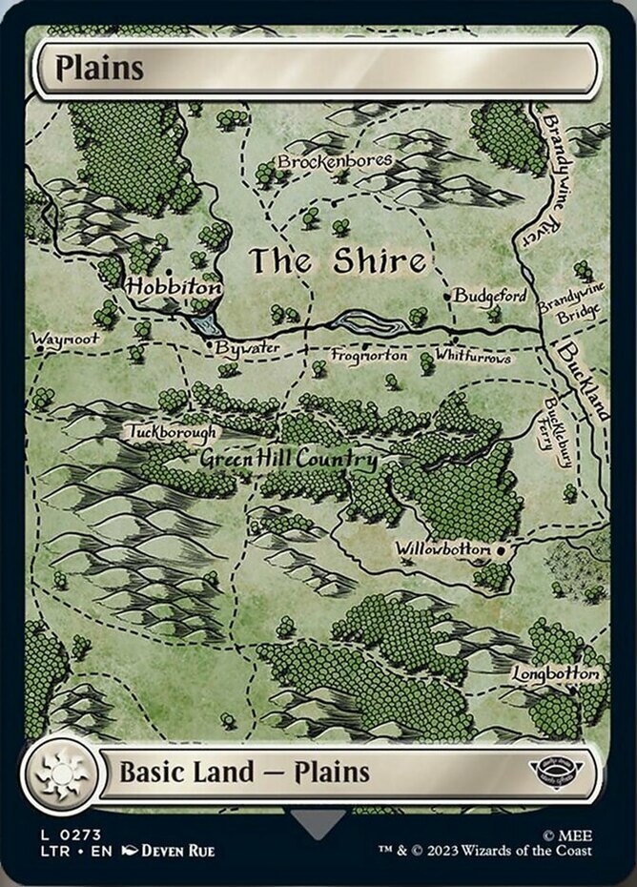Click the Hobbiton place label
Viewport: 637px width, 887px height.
coord(174,286)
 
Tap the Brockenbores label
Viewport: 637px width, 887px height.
coord(335,162)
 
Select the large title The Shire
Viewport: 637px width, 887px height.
coord(338,260)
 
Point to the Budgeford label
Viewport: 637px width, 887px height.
coord(489,296)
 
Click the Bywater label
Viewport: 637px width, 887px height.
coord(247,348)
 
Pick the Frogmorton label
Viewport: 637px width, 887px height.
coord(369,356)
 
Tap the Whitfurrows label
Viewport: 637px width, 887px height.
coord(472,357)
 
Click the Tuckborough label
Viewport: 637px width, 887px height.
coord(173,432)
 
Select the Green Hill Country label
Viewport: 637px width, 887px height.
coord(288,460)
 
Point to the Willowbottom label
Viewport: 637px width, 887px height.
coord(444,550)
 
